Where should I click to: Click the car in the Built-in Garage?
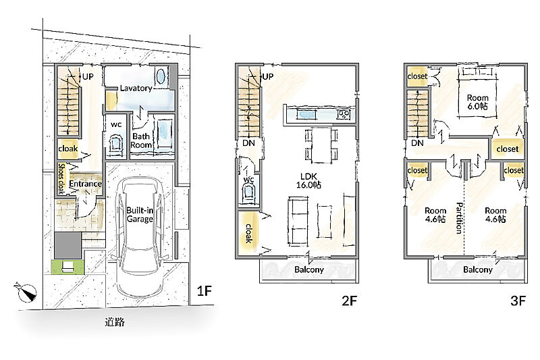tap(140, 238)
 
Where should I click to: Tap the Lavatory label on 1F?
tap(136, 88)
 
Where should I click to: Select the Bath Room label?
tap(141, 140)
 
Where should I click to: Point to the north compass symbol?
tap(26, 292)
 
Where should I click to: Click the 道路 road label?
tap(115, 322)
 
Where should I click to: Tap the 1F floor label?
tap(204, 291)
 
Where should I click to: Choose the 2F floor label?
tap(349, 301)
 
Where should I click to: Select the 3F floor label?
tap(518, 301)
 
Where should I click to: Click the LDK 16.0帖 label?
tap(308, 181)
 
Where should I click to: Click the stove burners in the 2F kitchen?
tap(344, 114)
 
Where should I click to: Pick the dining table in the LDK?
tap(321, 145)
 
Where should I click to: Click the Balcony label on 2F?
tap(309, 269)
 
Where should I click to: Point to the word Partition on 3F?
tap(459, 218)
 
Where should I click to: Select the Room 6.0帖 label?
tap(477, 102)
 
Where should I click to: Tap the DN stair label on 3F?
tap(417, 143)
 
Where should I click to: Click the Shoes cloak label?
tap(61, 178)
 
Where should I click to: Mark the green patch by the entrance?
tap(67, 267)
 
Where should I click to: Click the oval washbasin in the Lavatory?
tap(161, 76)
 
